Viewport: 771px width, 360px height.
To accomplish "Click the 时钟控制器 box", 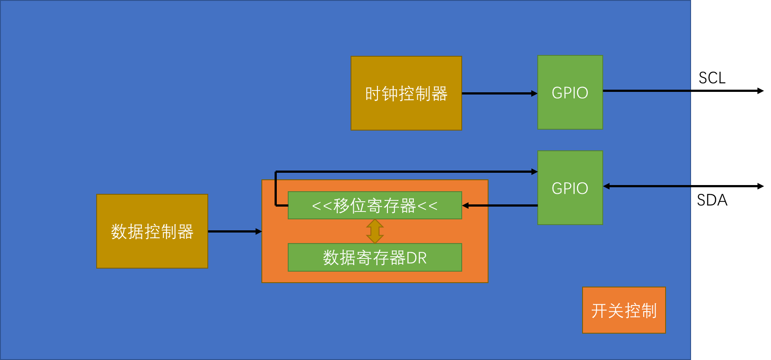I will tap(406, 93).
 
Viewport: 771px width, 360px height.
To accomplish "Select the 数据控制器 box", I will tap(152, 231).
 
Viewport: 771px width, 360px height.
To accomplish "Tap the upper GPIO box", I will tap(570, 92).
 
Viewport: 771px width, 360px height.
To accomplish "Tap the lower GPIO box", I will tap(570, 188).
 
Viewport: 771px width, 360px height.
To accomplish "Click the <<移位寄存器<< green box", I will tap(375, 205).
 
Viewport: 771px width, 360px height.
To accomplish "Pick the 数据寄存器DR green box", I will tap(375, 258).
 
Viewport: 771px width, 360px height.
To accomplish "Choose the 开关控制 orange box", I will tap(623, 310).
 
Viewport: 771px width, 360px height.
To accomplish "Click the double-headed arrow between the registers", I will tap(375, 231).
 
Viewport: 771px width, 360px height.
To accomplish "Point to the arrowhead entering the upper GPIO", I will tap(534, 93).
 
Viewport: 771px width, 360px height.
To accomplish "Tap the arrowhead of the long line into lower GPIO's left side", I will tap(534, 172).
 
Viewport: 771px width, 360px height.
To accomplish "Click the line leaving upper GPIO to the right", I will tap(646, 91).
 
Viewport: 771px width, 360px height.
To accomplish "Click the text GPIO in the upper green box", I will tap(570, 93).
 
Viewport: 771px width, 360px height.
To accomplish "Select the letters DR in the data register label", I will tap(416, 258).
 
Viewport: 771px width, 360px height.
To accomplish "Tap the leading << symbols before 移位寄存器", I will tap(322, 206).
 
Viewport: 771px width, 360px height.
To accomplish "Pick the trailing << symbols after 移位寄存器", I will tap(427, 206).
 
